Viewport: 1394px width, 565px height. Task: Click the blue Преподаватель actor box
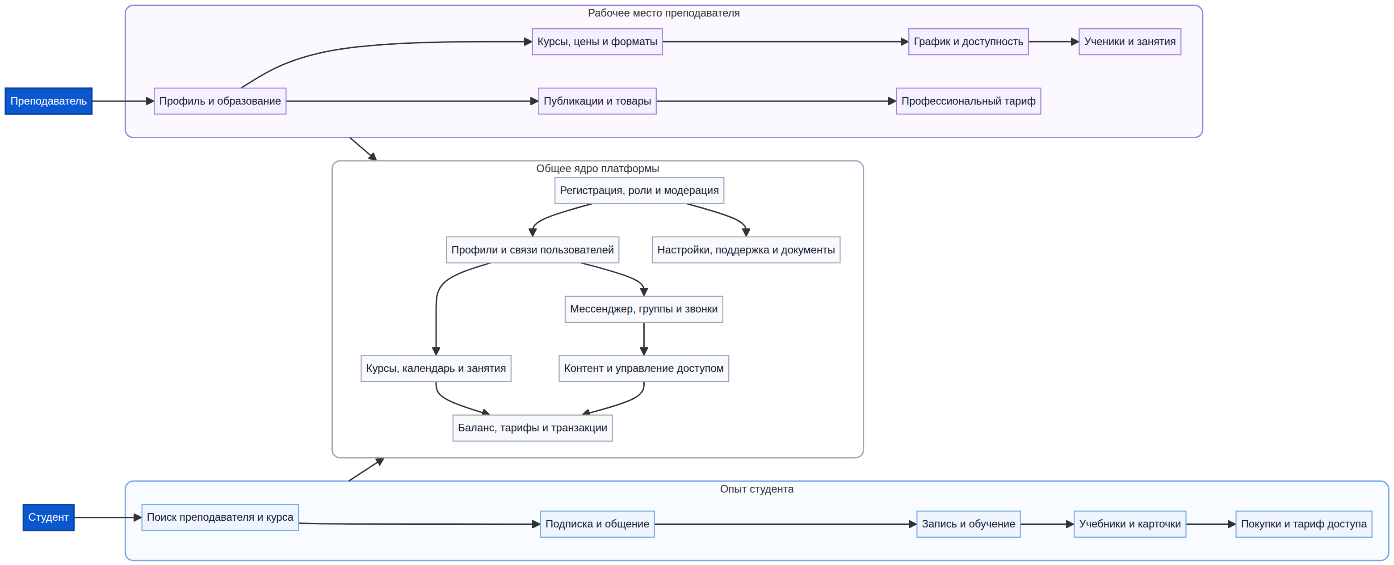click(49, 101)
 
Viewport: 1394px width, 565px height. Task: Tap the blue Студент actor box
click(49, 517)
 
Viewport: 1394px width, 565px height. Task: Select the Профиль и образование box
click(220, 101)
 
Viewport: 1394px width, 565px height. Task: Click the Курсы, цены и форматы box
click(597, 42)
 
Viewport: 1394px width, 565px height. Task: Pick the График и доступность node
click(969, 42)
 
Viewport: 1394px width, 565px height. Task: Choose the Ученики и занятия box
click(1130, 42)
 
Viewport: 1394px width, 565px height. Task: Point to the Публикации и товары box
click(597, 101)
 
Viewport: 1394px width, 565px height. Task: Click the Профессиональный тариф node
click(969, 101)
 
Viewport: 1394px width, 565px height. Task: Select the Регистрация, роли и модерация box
click(639, 190)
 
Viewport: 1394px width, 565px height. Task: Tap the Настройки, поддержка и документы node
click(746, 250)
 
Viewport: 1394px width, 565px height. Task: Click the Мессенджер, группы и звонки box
click(644, 309)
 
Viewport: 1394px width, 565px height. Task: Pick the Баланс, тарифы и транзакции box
click(533, 428)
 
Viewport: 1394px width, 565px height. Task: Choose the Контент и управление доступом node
click(644, 369)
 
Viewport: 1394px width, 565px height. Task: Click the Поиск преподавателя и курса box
click(220, 517)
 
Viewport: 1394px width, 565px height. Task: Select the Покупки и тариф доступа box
click(1304, 524)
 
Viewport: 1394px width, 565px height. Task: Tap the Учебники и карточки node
click(1130, 524)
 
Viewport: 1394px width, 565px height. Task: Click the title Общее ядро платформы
click(597, 169)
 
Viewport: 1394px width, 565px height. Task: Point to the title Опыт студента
click(756, 489)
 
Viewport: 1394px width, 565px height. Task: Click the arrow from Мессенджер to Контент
click(644, 339)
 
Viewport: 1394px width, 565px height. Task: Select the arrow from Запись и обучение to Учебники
click(1047, 524)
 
